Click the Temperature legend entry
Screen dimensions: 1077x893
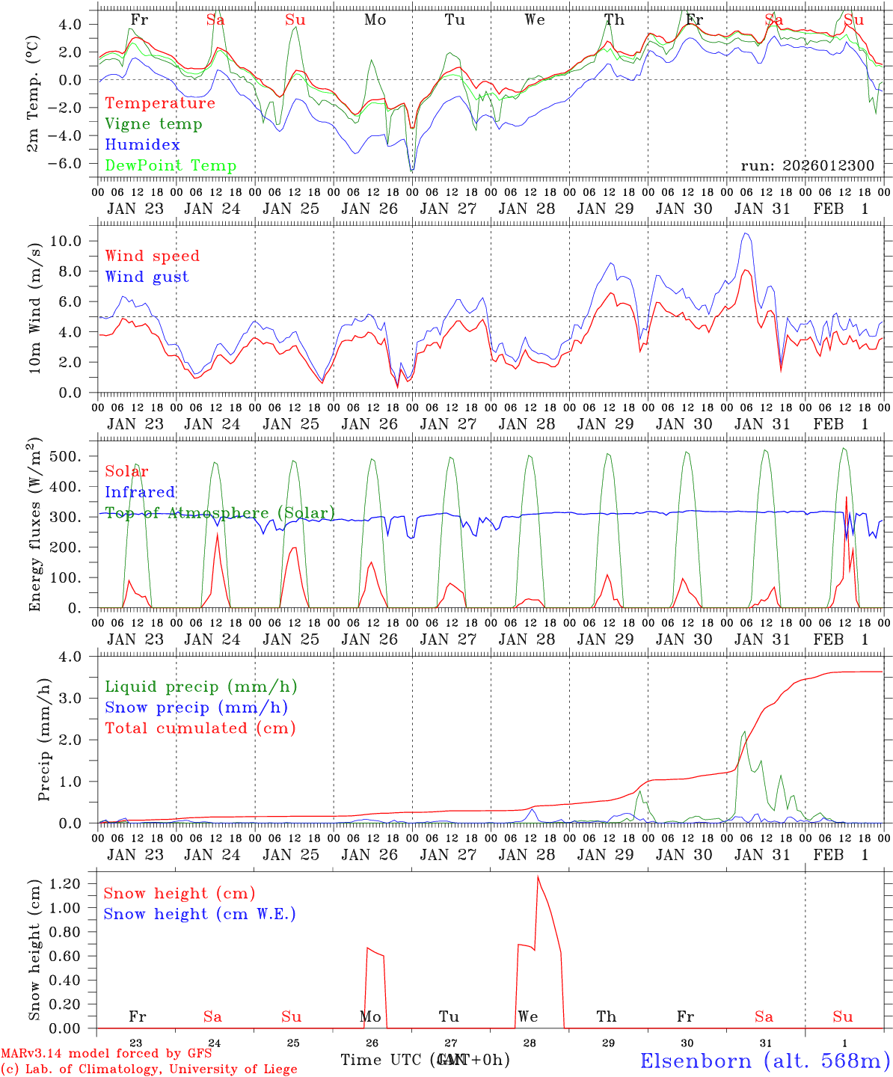pos(160,103)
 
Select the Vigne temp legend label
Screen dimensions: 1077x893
pos(153,124)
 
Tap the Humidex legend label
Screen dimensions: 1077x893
pos(142,145)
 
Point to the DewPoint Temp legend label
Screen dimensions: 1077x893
pos(171,166)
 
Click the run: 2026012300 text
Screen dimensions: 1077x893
pos(807,166)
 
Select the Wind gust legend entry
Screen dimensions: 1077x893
pos(147,277)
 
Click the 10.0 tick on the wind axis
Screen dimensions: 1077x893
pos(74,241)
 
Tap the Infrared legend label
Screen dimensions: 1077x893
pos(140,492)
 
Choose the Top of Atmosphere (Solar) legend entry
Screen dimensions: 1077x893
pos(220,513)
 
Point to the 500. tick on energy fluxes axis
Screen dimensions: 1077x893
pos(76,456)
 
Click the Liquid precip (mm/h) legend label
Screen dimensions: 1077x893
pos(200,687)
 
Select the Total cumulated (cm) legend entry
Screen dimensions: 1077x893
pos(200,728)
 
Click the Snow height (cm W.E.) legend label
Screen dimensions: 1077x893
pos(199,914)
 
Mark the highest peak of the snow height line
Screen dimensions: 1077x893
pos(537,877)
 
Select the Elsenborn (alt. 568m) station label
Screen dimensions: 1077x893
pos(764,1061)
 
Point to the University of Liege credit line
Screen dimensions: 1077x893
pos(149,1070)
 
